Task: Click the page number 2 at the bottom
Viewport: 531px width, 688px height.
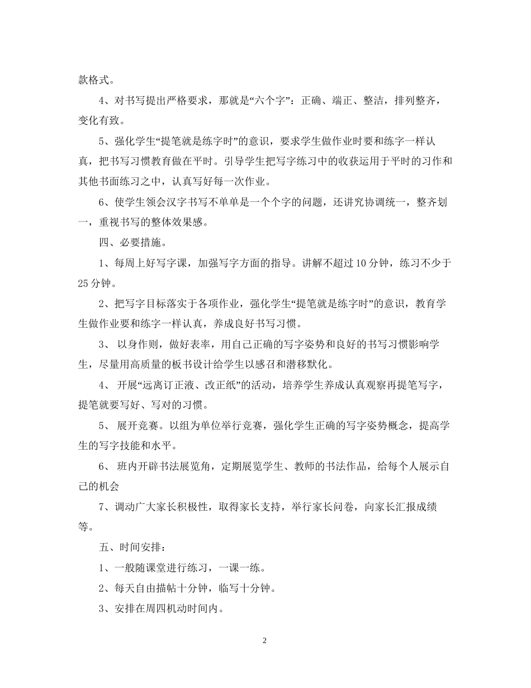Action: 265,640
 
